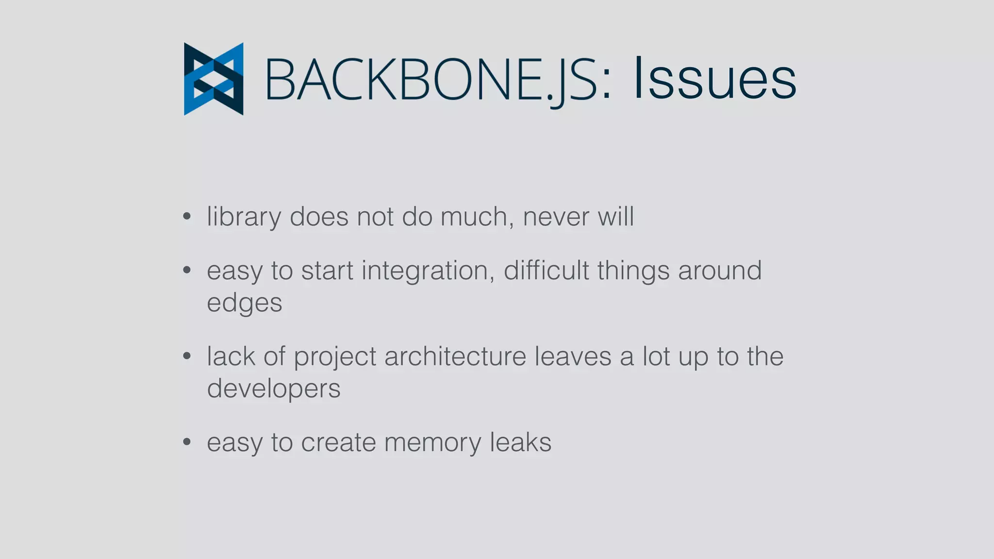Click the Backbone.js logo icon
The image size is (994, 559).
(214, 79)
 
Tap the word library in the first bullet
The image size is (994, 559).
(244, 217)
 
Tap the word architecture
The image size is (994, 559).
(455, 357)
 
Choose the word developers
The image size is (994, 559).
(274, 389)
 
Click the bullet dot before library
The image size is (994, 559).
(187, 216)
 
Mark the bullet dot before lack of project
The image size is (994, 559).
(187, 356)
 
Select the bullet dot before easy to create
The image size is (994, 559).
(187, 442)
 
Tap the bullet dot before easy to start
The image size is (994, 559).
(187, 270)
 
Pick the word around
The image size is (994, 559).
(719, 271)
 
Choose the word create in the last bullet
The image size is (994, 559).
(338, 443)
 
